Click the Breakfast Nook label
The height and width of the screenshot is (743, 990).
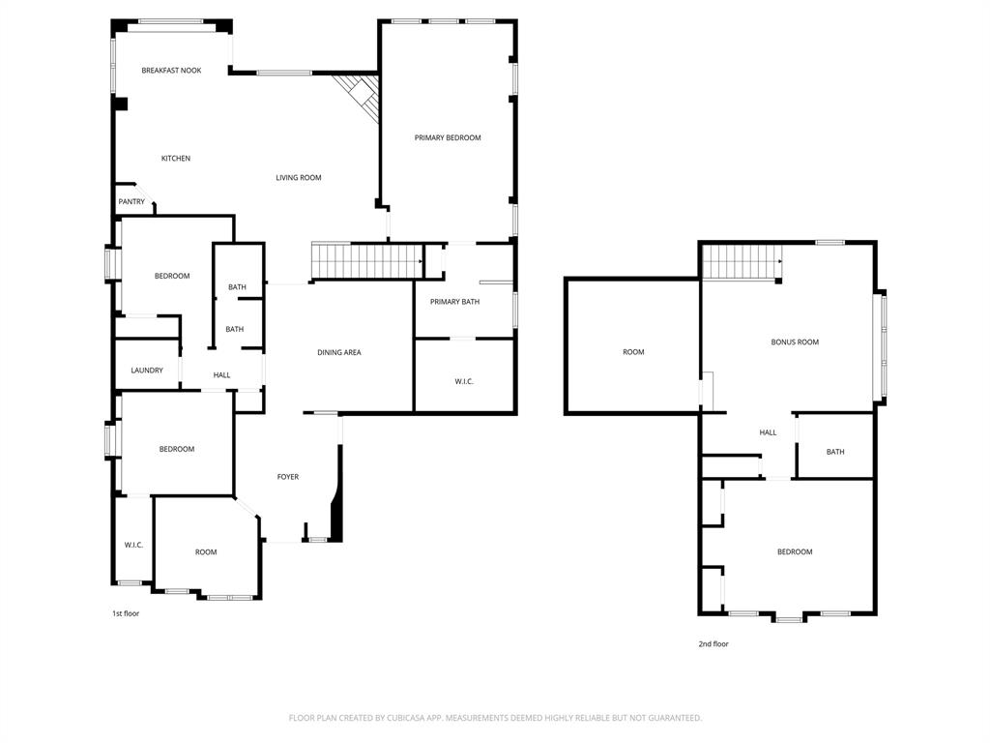click(x=171, y=71)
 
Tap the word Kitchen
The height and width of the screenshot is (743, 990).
click(x=175, y=159)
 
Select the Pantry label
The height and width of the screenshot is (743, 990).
click(x=131, y=202)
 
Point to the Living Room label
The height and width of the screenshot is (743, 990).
click(x=298, y=178)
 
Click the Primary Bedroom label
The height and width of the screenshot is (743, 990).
click(x=448, y=138)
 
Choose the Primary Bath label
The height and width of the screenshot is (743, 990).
click(x=454, y=302)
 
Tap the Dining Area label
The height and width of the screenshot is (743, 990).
click(x=338, y=352)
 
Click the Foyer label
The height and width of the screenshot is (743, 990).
click(x=288, y=477)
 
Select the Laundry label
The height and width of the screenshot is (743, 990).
click(x=147, y=371)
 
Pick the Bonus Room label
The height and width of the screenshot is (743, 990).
click(x=795, y=342)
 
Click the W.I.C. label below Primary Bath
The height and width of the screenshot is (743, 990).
click(x=464, y=381)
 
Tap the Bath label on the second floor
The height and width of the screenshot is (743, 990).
click(x=835, y=452)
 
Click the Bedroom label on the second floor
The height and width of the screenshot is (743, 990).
click(x=795, y=551)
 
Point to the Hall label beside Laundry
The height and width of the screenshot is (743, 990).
click(x=221, y=375)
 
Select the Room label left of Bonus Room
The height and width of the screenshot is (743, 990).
click(x=633, y=352)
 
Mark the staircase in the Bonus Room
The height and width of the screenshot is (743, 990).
click(x=741, y=261)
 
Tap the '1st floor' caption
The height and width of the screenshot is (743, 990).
click(x=125, y=613)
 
